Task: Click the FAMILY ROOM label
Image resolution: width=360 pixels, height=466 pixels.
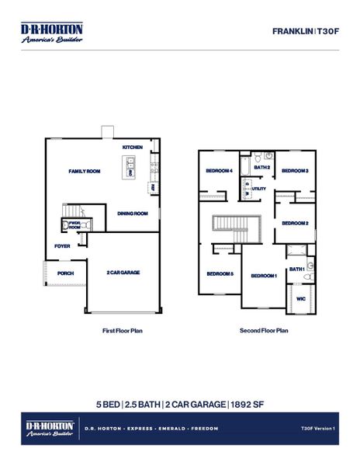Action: tap(85, 171)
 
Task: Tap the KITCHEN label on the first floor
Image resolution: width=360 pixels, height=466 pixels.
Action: tap(133, 148)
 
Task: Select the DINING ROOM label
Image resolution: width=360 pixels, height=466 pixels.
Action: tap(133, 214)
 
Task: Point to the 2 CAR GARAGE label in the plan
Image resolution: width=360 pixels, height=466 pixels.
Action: tap(123, 273)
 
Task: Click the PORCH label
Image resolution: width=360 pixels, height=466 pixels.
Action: tap(65, 273)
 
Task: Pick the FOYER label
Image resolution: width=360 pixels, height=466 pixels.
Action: tap(62, 246)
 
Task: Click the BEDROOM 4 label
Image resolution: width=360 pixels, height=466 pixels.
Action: tap(219, 171)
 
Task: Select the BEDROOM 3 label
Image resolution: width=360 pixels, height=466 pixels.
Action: tap(295, 171)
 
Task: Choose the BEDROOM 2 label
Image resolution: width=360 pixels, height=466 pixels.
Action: tap(296, 223)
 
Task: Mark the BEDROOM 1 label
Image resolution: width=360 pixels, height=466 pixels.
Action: tap(264, 276)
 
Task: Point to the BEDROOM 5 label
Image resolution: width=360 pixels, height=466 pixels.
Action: tap(220, 273)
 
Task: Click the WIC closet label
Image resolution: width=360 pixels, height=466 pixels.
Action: tap(300, 298)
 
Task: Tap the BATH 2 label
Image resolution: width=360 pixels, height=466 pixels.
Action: tap(262, 167)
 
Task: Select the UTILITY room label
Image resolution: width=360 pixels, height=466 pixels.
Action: tap(259, 189)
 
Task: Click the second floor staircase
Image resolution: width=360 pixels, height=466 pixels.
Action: tap(231, 224)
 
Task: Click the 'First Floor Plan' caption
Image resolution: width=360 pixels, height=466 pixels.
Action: tap(123, 330)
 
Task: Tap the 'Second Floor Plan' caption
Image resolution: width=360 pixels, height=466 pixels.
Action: tap(264, 330)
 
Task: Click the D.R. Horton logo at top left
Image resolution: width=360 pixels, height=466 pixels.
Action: tap(52, 32)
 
